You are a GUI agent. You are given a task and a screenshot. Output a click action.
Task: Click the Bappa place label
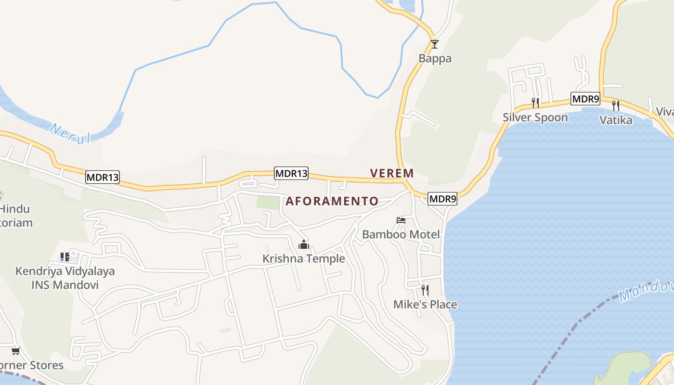pos(435,59)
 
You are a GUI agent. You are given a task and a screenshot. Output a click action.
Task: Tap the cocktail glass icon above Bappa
pos(435,44)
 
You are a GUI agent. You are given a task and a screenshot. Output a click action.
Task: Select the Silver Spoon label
pos(535,117)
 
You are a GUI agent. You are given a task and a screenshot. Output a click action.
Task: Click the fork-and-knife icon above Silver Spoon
pos(535,103)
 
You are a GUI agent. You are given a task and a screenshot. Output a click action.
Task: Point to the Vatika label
pos(616,120)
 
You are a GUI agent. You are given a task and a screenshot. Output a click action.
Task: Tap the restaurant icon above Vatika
pos(616,105)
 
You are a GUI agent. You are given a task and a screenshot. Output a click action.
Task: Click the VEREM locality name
pos(392,173)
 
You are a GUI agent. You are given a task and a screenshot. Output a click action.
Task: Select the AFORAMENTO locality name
pos(332,201)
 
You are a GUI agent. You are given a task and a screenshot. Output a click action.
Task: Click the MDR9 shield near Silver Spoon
pos(585,99)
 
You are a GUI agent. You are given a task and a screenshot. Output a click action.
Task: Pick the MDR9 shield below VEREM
pos(442,198)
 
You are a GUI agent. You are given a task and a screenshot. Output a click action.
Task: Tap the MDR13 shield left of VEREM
pos(291,174)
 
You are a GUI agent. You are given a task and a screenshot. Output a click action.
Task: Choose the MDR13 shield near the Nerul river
pos(103,177)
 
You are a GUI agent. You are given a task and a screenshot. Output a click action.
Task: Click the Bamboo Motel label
pos(401,234)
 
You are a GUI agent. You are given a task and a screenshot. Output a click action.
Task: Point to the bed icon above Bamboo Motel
pos(401,220)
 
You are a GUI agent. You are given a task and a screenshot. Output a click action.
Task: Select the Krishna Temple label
pos(304,258)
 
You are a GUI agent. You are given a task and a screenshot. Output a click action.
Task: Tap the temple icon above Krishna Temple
pos(303,244)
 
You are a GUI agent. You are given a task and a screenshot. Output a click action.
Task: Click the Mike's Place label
pos(425,304)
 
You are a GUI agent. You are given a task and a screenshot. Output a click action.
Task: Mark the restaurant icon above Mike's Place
pos(425,290)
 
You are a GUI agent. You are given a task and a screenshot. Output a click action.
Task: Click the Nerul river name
pos(70,133)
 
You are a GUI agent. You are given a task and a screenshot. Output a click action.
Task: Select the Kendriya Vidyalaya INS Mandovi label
pos(65,278)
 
